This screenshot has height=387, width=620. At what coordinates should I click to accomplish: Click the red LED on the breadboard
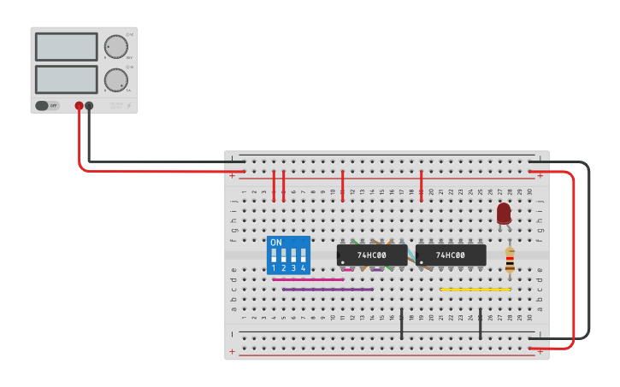click(504, 213)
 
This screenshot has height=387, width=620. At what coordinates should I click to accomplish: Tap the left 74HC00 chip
click(372, 255)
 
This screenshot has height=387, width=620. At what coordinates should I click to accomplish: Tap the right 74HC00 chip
click(451, 255)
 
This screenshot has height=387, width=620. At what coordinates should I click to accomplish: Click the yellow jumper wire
click(475, 290)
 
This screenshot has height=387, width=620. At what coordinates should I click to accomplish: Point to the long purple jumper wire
click(328, 290)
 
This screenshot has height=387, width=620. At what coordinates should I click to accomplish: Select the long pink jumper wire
click(308, 279)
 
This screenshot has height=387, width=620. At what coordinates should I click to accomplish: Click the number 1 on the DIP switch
click(274, 268)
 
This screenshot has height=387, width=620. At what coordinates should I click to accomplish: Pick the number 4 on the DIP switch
click(303, 268)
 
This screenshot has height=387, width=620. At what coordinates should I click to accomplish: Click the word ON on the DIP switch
click(275, 243)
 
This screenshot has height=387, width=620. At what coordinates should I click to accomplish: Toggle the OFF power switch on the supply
click(47, 106)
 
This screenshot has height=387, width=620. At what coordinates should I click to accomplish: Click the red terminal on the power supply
click(79, 106)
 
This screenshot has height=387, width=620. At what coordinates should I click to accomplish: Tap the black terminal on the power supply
click(89, 106)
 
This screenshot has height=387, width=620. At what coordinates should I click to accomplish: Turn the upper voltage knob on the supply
click(115, 47)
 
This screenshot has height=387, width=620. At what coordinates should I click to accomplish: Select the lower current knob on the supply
click(115, 79)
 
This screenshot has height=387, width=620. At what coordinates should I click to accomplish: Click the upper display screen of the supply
click(67, 47)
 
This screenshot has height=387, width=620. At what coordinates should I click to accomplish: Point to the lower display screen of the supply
click(67, 79)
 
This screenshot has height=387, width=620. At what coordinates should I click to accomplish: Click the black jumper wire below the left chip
click(401, 324)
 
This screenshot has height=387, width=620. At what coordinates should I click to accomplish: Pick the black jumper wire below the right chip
click(480, 324)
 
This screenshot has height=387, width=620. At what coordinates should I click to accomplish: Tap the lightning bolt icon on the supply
click(129, 106)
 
